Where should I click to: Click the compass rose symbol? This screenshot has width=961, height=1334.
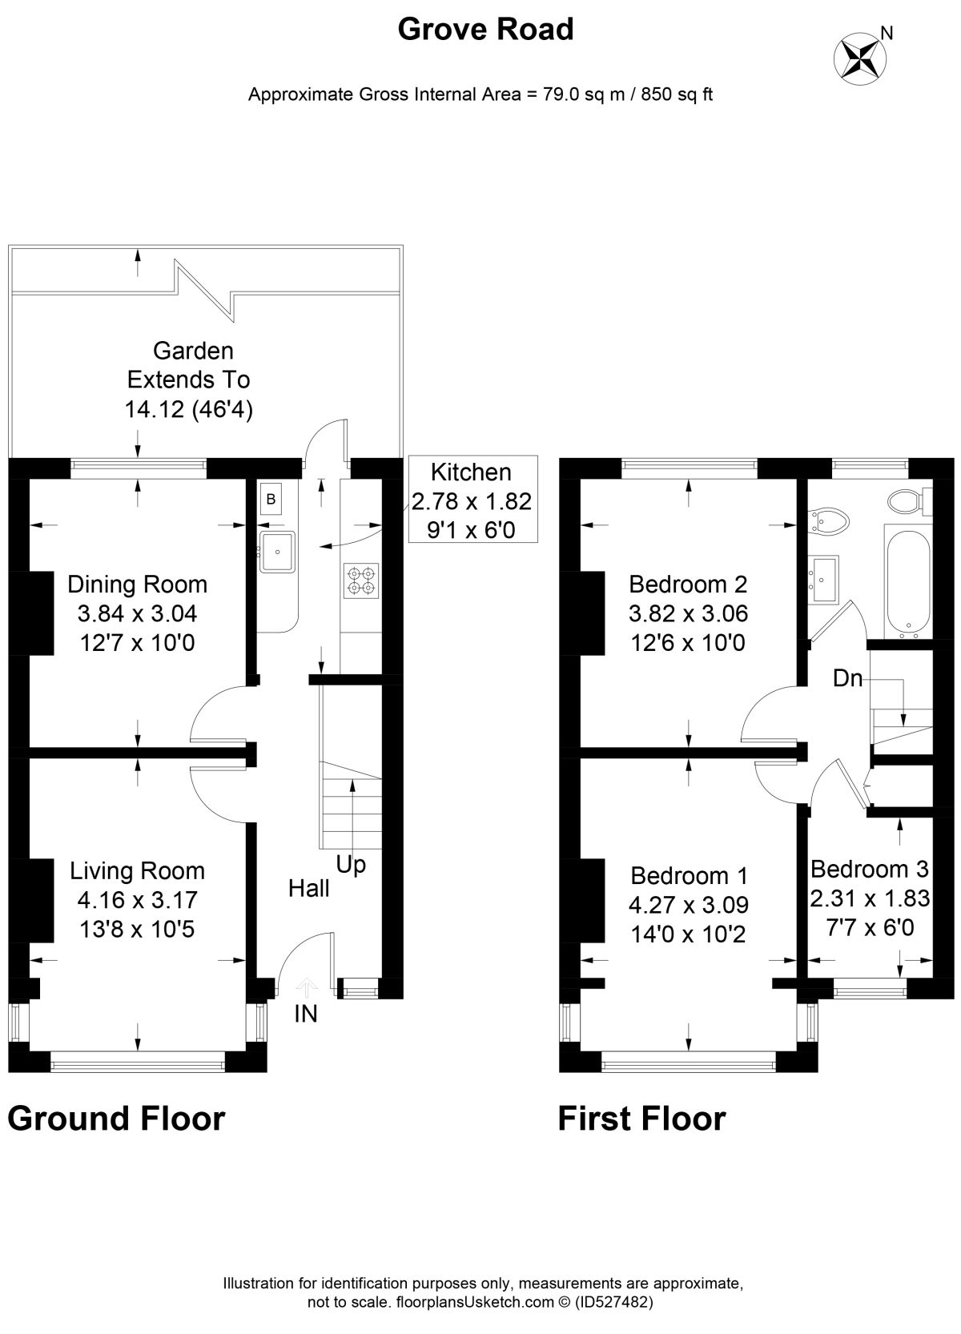click(x=860, y=59)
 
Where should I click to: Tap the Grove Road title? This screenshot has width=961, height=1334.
click(x=485, y=29)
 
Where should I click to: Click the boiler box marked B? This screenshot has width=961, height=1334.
click(x=271, y=499)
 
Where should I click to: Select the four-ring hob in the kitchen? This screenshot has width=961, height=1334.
click(x=361, y=581)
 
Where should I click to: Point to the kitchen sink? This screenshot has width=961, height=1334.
click(x=277, y=552)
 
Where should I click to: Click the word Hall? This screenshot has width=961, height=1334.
click(x=308, y=888)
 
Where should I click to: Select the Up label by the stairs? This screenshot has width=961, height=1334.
click(x=351, y=866)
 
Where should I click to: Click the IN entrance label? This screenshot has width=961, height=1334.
click(x=306, y=1014)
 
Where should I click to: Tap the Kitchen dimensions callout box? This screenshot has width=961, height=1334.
click(x=473, y=499)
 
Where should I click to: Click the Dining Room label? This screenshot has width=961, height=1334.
click(x=137, y=585)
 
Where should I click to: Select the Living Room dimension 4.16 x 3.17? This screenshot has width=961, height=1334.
click(x=137, y=900)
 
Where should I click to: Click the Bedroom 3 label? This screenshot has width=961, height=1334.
click(x=869, y=869)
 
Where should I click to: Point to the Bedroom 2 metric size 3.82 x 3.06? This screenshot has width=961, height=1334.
click(x=688, y=613)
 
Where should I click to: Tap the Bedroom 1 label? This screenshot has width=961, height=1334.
click(x=689, y=875)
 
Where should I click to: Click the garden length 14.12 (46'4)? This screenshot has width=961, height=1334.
click(x=189, y=409)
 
